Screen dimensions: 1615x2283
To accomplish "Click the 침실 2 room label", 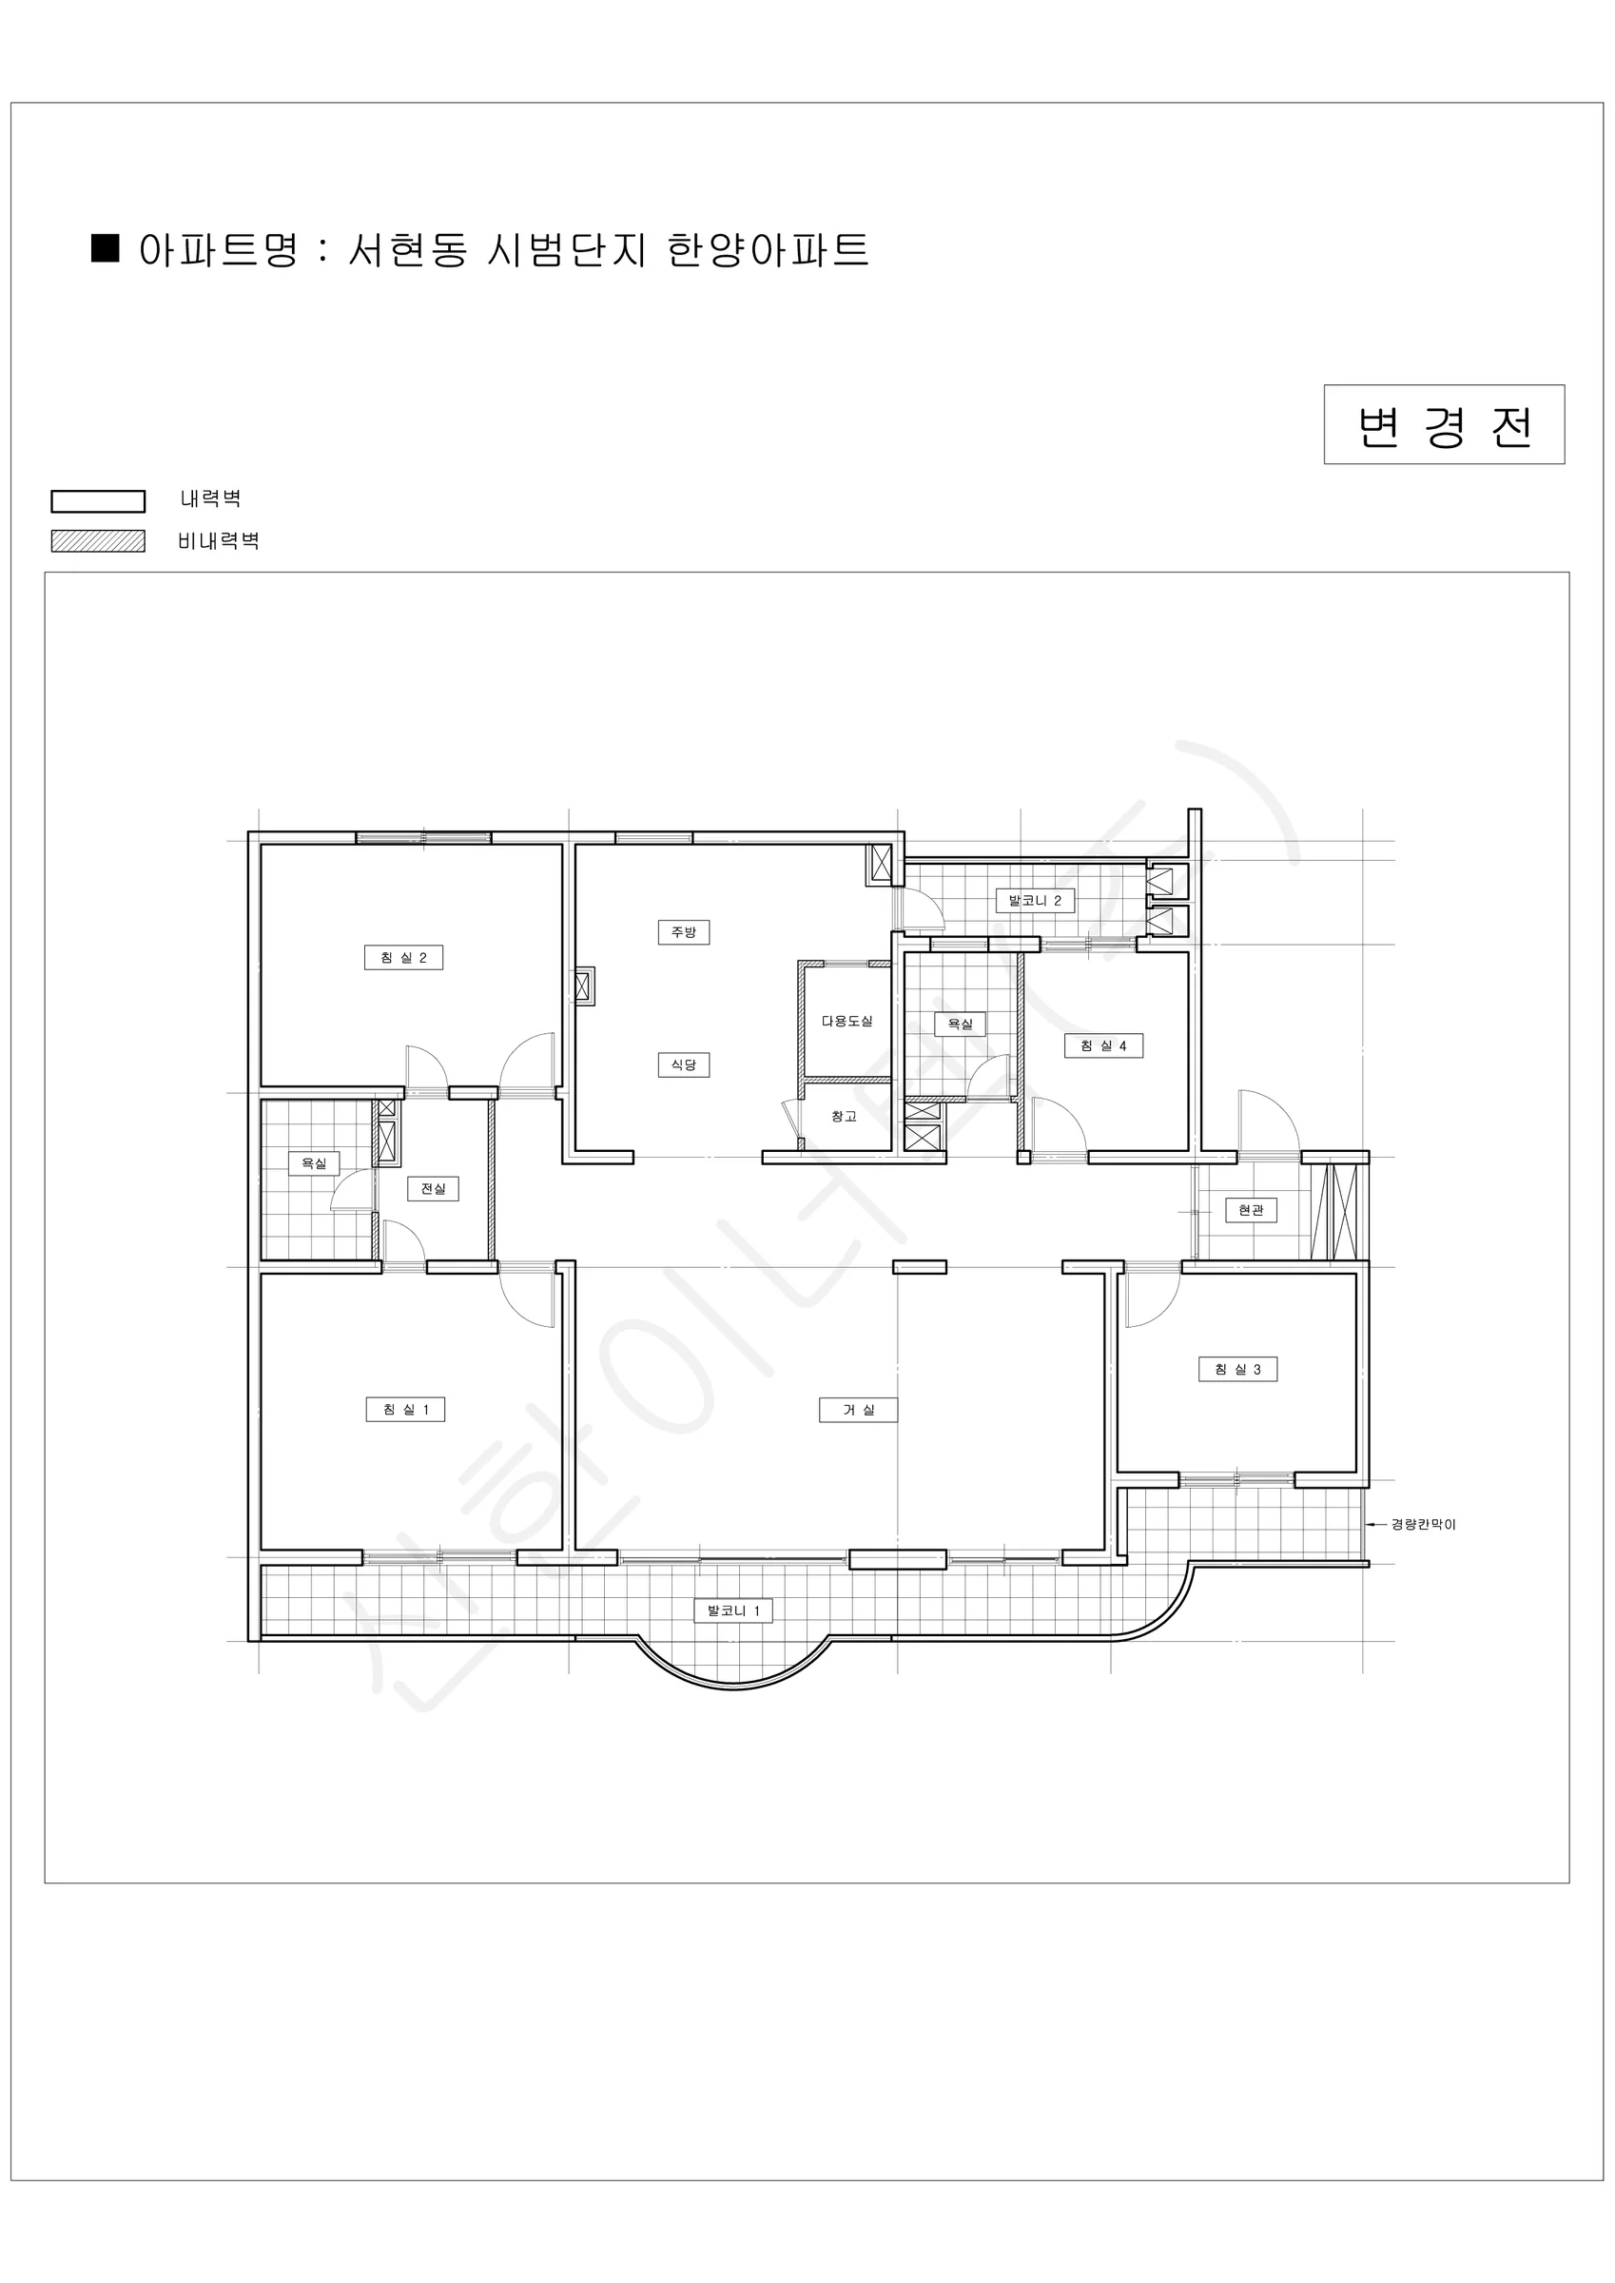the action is pyautogui.click(x=403, y=958).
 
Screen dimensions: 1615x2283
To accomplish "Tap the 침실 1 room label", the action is pyautogui.click(x=406, y=1409).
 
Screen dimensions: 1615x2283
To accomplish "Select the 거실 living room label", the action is pyautogui.click(x=858, y=1409).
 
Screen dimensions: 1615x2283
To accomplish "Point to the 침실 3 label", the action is pyautogui.click(x=1238, y=1369).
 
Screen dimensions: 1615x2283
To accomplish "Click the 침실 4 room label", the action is pyautogui.click(x=1104, y=1045).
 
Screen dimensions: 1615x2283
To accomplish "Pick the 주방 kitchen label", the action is pyautogui.click(x=683, y=931).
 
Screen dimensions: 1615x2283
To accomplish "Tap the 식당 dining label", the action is pyautogui.click(x=683, y=1063).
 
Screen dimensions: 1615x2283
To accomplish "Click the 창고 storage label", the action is pyautogui.click(x=845, y=1117).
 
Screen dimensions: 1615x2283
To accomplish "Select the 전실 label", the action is pyautogui.click(x=434, y=1188).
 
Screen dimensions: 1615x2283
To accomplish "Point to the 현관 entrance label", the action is pyautogui.click(x=1251, y=1210).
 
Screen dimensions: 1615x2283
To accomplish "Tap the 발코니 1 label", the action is pyautogui.click(x=734, y=1610).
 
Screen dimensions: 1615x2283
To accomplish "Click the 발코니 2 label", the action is pyautogui.click(x=1035, y=901).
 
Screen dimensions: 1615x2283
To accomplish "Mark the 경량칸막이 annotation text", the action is pyautogui.click(x=1423, y=1524).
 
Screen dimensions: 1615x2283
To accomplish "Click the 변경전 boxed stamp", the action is pyautogui.click(x=1444, y=424).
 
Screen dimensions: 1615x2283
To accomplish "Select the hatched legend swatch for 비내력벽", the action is pyautogui.click(x=99, y=541).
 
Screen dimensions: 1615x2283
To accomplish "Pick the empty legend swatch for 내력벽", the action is pyautogui.click(x=99, y=501).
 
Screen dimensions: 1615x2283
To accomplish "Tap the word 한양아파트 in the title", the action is pyautogui.click(x=768, y=249).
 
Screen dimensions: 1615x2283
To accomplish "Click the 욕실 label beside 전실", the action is pyautogui.click(x=314, y=1162).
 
